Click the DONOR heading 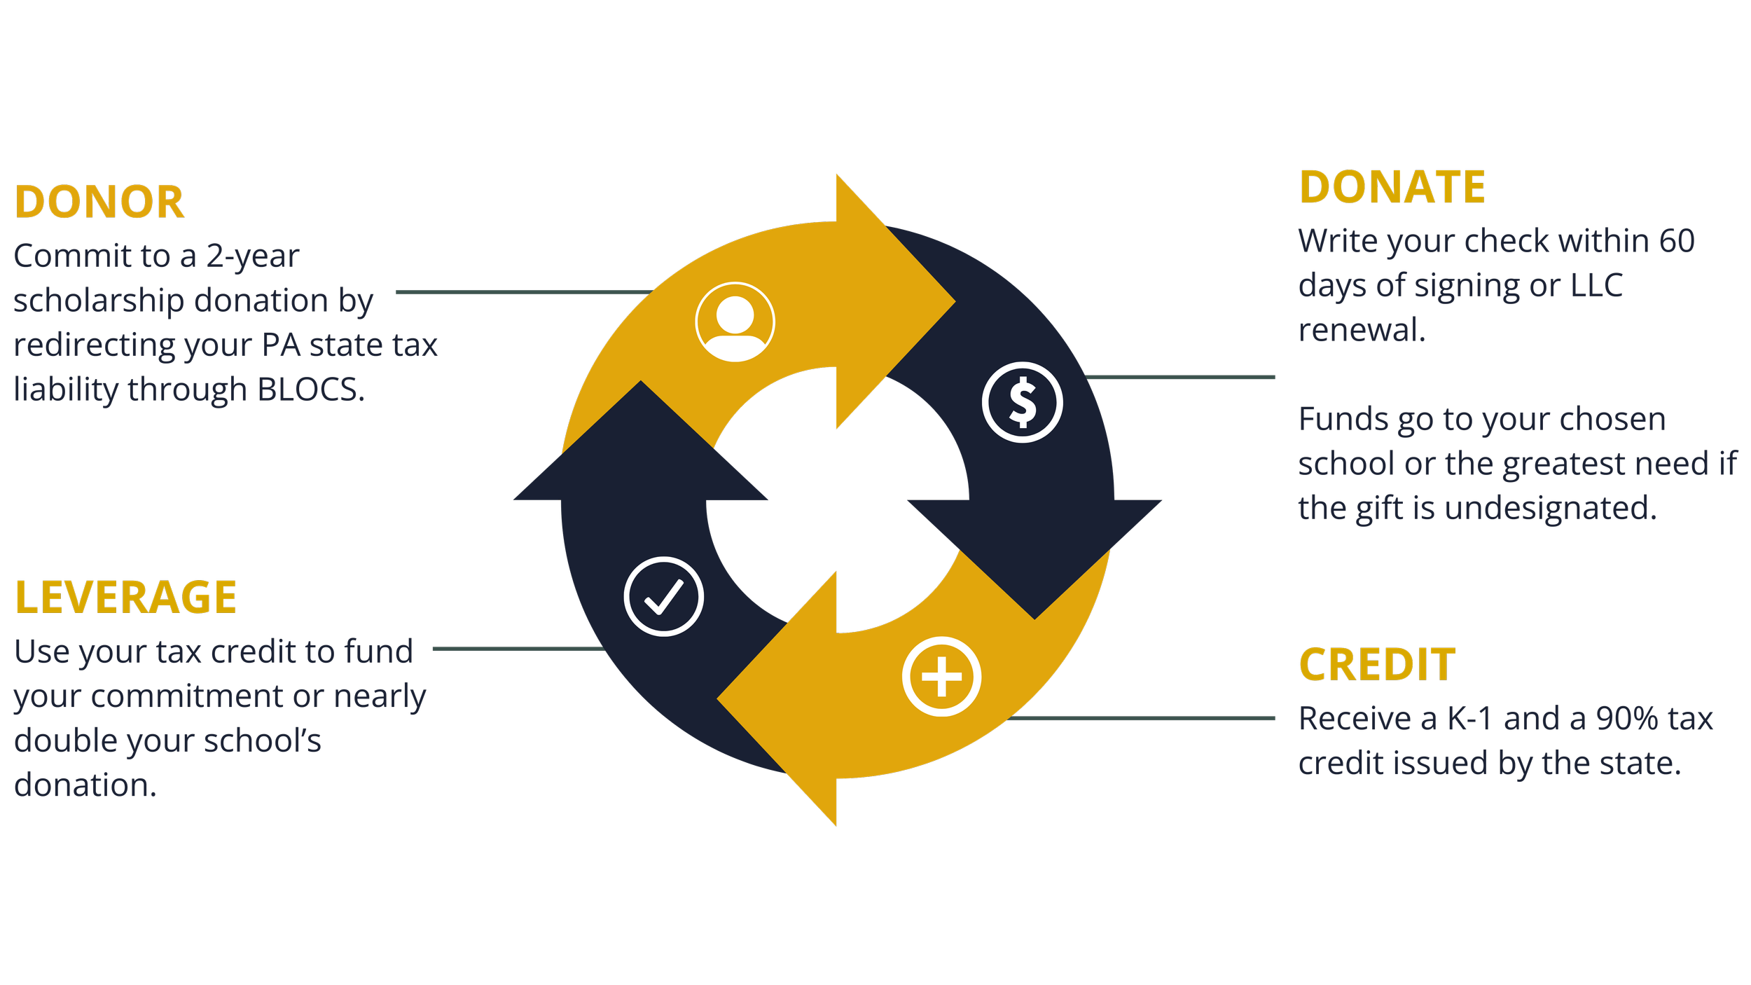pyautogui.click(x=99, y=202)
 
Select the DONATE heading pyautogui.click(x=1392, y=188)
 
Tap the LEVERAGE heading pyautogui.click(x=125, y=598)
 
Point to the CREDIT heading pyautogui.click(x=1377, y=665)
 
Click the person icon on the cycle pyautogui.click(x=735, y=322)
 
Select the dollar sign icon pyautogui.click(x=1022, y=402)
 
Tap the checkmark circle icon pyautogui.click(x=663, y=596)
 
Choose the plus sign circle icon pyautogui.click(x=941, y=677)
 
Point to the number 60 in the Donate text pyautogui.click(x=1676, y=241)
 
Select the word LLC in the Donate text pyautogui.click(x=1596, y=286)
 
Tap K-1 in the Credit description pyautogui.click(x=1469, y=719)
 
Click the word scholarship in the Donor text pyautogui.click(x=98, y=301)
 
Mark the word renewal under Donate pyautogui.click(x=1362, y=331)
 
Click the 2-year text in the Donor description pyautogui.click(x=252, y=256)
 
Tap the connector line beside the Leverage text pyautogui.click(x=518, y=649)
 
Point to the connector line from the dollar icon pyautogui.click(x=1180, y=378)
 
